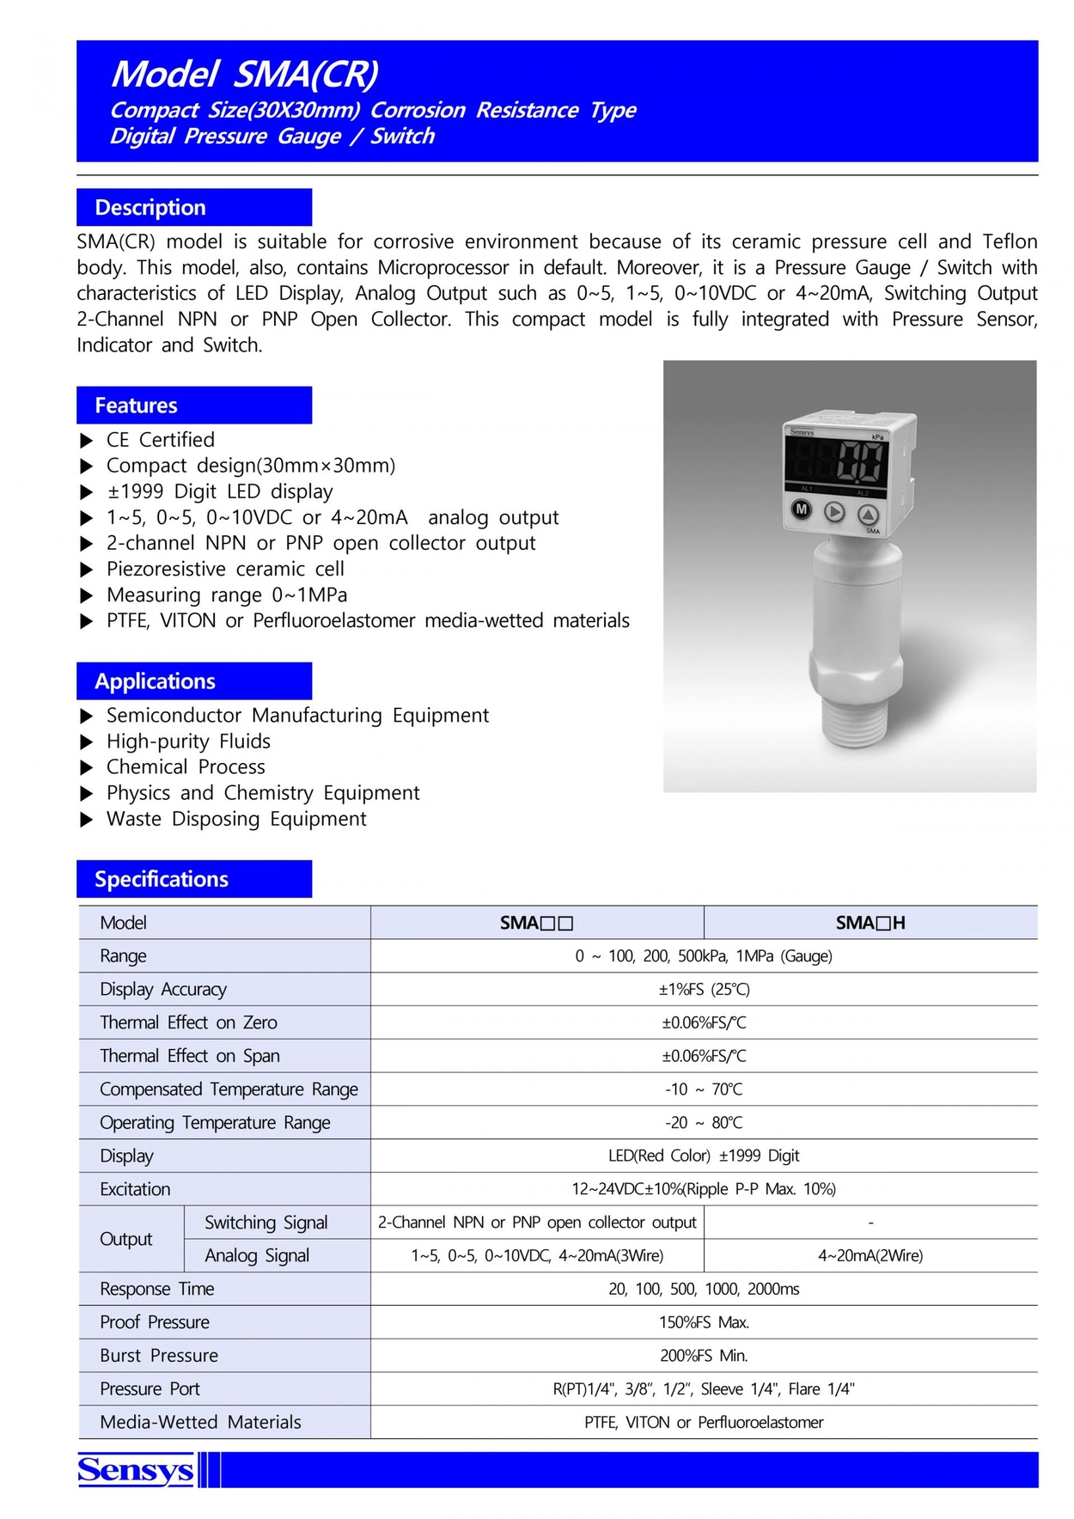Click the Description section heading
150,207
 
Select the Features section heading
136,405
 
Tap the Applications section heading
155,680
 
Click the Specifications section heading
162,878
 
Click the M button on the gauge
801,509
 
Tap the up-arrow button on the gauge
868,515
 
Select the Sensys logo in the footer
136,1469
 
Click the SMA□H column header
870,923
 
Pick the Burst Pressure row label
159,1355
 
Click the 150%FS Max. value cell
704,1321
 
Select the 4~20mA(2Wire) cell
870,1255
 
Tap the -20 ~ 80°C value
704,1122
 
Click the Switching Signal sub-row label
266,1222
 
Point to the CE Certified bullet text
161,440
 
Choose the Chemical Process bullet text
186,766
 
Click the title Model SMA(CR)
245,74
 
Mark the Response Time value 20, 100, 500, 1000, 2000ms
704,1289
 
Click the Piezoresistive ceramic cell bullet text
225,569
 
